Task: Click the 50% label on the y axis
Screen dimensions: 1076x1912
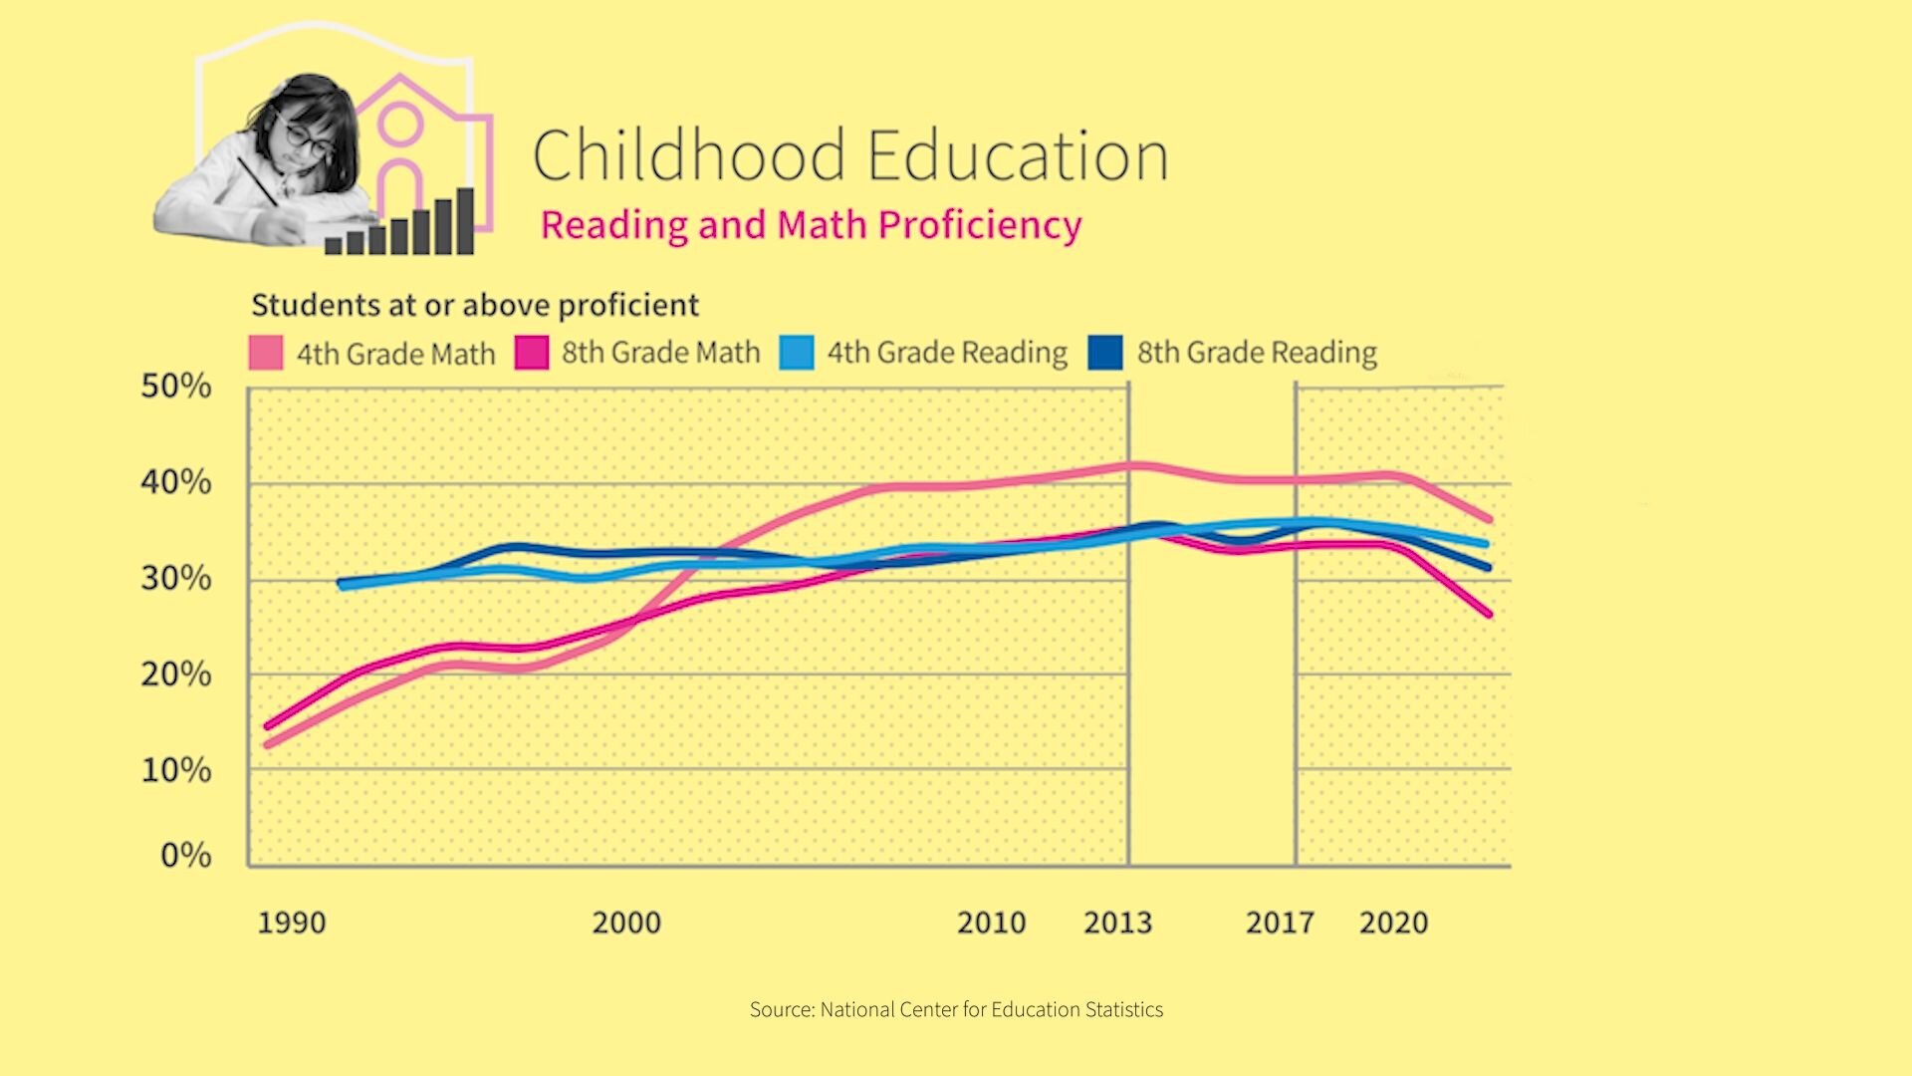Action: click(176, 386)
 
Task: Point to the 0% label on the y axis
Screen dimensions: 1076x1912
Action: click(186, 855)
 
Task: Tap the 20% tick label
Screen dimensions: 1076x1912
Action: click(176, 674)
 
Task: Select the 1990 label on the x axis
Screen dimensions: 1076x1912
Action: click(292, 923)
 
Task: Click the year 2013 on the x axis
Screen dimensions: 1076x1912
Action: click(1117, 923)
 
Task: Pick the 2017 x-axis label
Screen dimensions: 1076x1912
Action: click(1280, 923)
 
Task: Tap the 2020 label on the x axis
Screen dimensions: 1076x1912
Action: click(1393, 923)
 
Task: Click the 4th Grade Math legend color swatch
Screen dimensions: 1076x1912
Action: click(266, 353)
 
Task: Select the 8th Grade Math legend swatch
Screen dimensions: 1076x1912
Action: click(532, 353)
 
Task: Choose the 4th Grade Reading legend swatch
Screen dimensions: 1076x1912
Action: click(797, 353)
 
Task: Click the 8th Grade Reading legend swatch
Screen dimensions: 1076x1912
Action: click(1105, 353)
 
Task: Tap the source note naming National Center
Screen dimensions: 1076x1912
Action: click(956, 1009)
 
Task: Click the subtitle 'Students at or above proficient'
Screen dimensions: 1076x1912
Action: click(475, 305)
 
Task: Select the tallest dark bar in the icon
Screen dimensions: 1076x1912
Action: click(465, 221)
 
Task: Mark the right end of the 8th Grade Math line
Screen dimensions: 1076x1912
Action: click(1490, 615)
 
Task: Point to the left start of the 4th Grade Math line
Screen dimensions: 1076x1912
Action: click(267, 744)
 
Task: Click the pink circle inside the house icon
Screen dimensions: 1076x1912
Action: click(400, 125)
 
